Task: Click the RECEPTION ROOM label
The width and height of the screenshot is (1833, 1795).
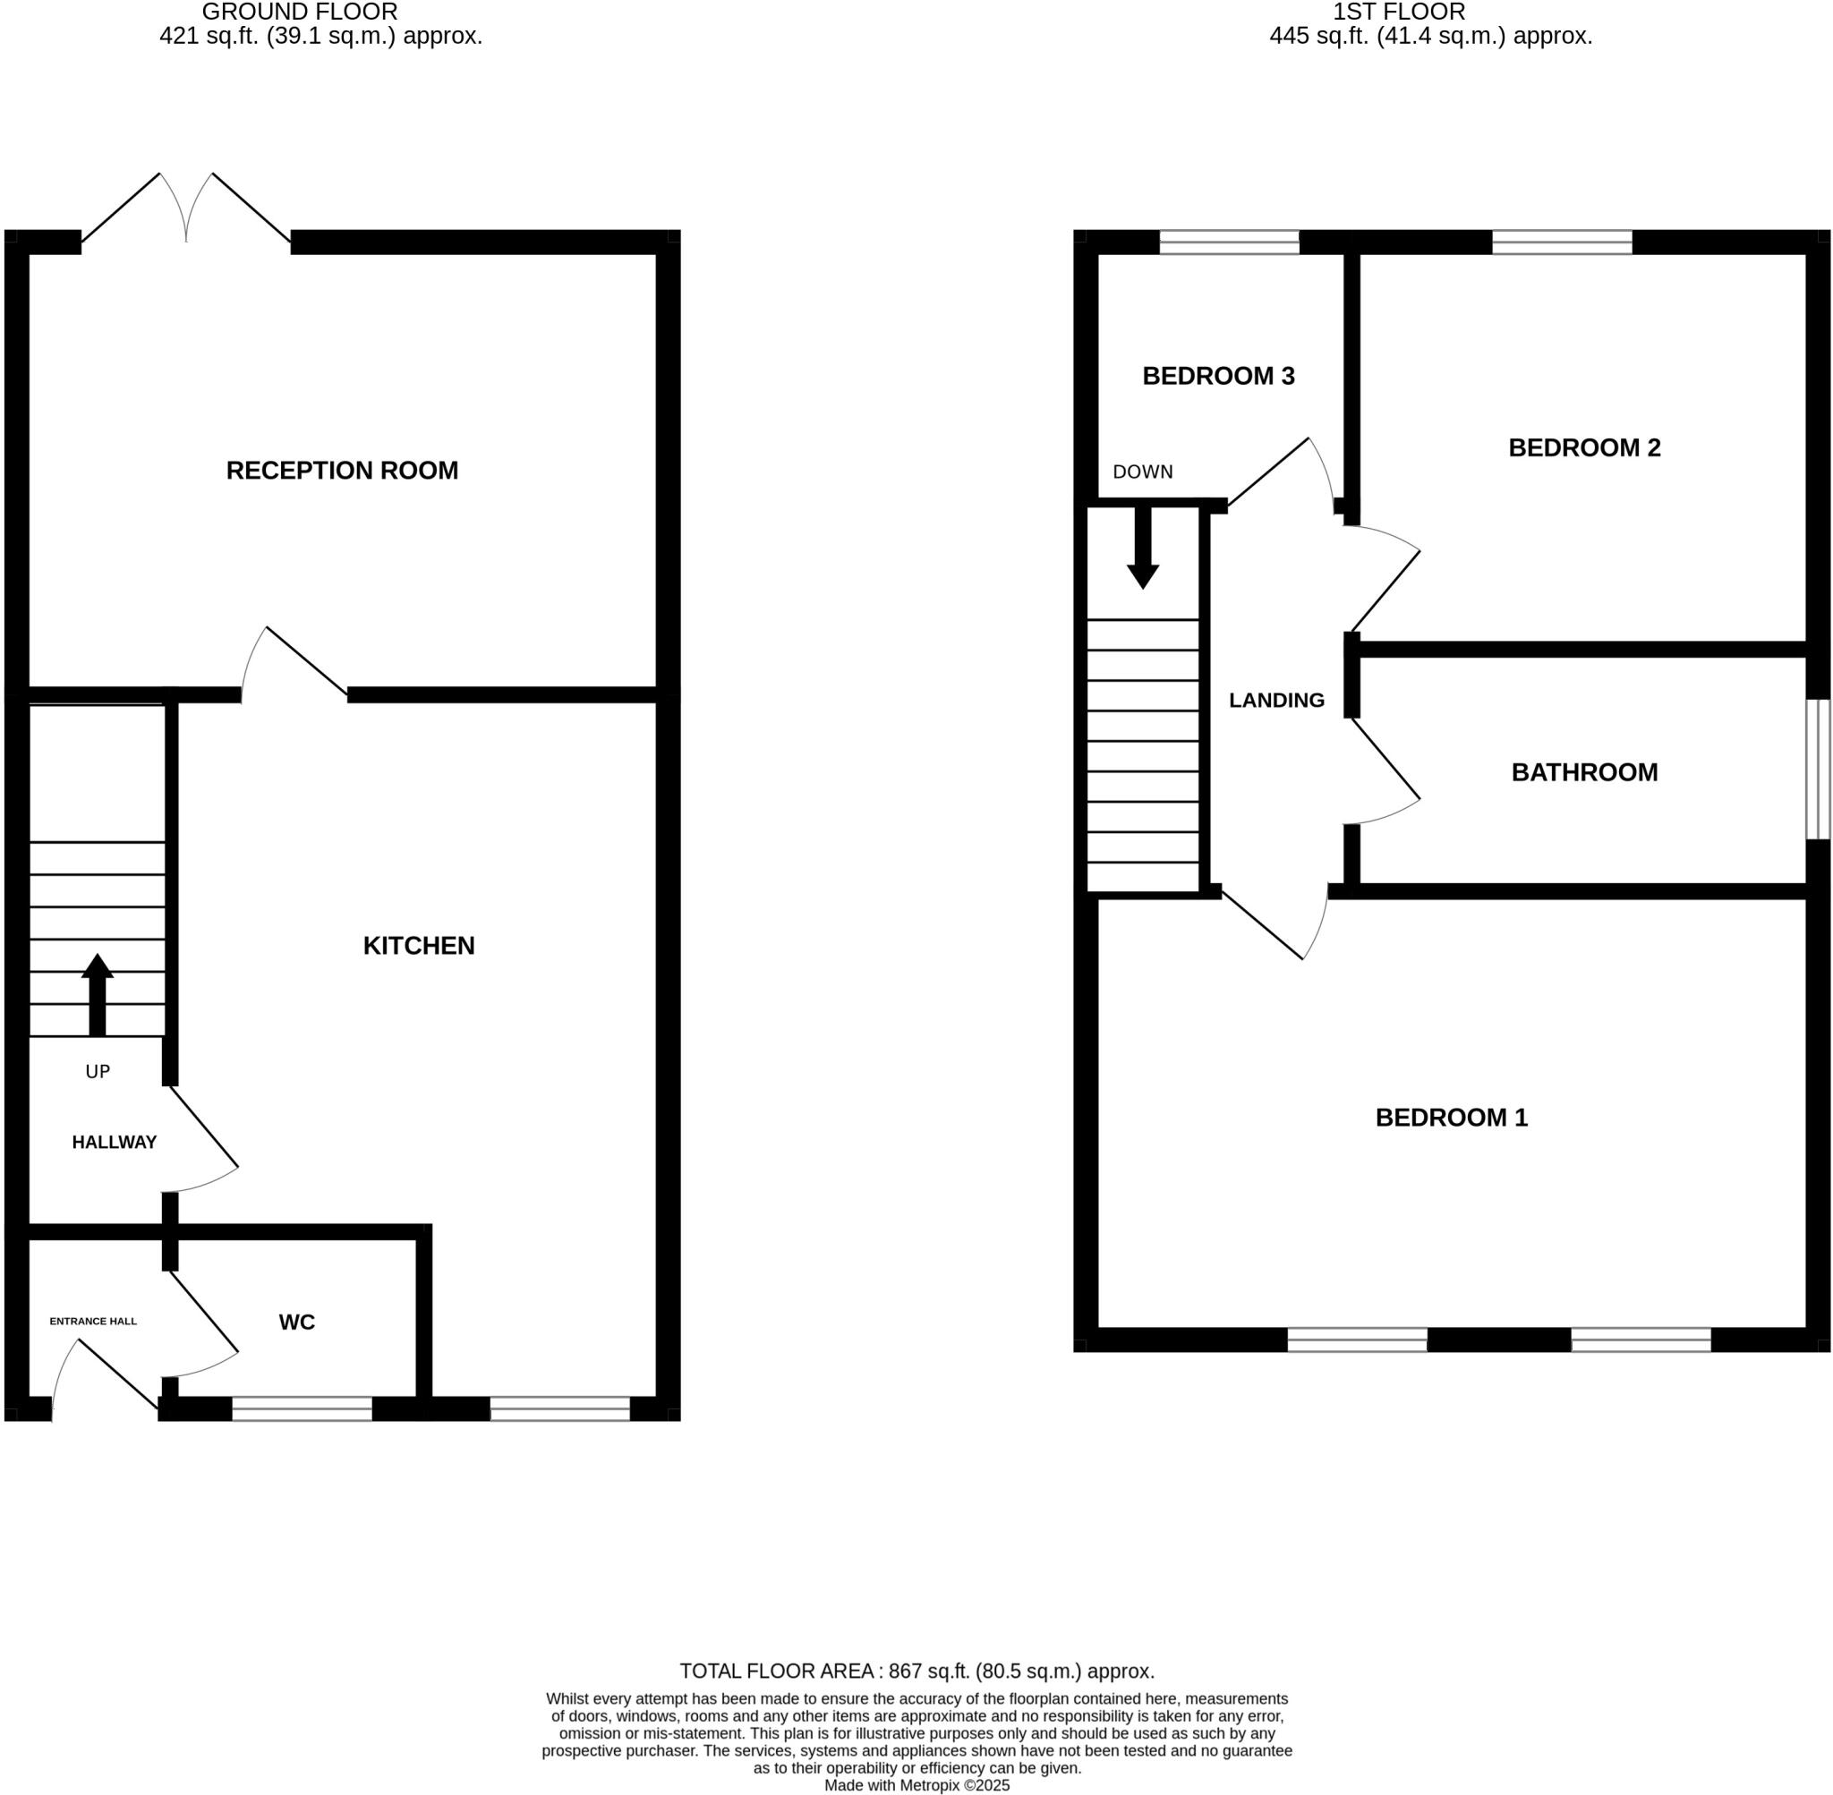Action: [342, 471]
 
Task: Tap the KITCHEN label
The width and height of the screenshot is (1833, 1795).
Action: [419, 946]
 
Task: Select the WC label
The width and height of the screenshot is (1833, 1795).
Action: [297, 1322]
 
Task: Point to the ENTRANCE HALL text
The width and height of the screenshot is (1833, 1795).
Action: [93, 1321]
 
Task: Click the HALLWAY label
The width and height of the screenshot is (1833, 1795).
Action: [114, 1142]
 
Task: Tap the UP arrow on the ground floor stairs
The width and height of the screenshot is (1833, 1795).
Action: [98, 996]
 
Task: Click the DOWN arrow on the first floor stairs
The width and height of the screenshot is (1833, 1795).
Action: [1143, 548]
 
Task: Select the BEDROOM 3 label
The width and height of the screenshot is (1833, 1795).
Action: [1218, 376]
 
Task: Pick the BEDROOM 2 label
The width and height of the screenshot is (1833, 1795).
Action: [1584, 447]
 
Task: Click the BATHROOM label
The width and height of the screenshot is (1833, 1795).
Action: [1584, 772]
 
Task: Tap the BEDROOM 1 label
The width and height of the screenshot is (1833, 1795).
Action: [1451, 1117]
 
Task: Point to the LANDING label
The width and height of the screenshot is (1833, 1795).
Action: [1276, 700]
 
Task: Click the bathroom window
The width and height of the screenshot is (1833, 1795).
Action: [1818, 770]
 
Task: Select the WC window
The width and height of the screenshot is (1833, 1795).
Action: [302, 1409]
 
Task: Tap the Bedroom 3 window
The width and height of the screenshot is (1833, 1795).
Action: [1230, 242]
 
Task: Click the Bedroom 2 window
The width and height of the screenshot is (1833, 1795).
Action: [1563, 242]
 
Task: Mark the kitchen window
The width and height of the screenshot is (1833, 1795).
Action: [560, 1409]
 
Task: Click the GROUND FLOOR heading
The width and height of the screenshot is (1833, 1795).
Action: [300, 13]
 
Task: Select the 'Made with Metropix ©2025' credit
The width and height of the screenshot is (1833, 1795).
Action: [916, 1785]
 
